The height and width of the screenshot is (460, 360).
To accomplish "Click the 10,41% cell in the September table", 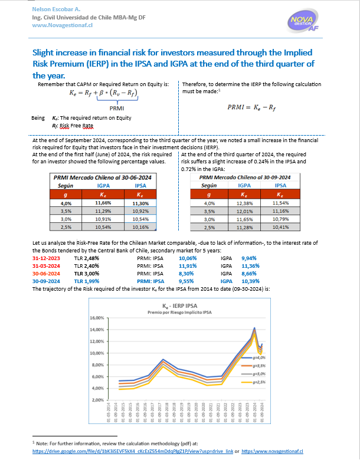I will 281,226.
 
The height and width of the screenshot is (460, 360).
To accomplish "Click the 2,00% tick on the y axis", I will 96,400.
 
